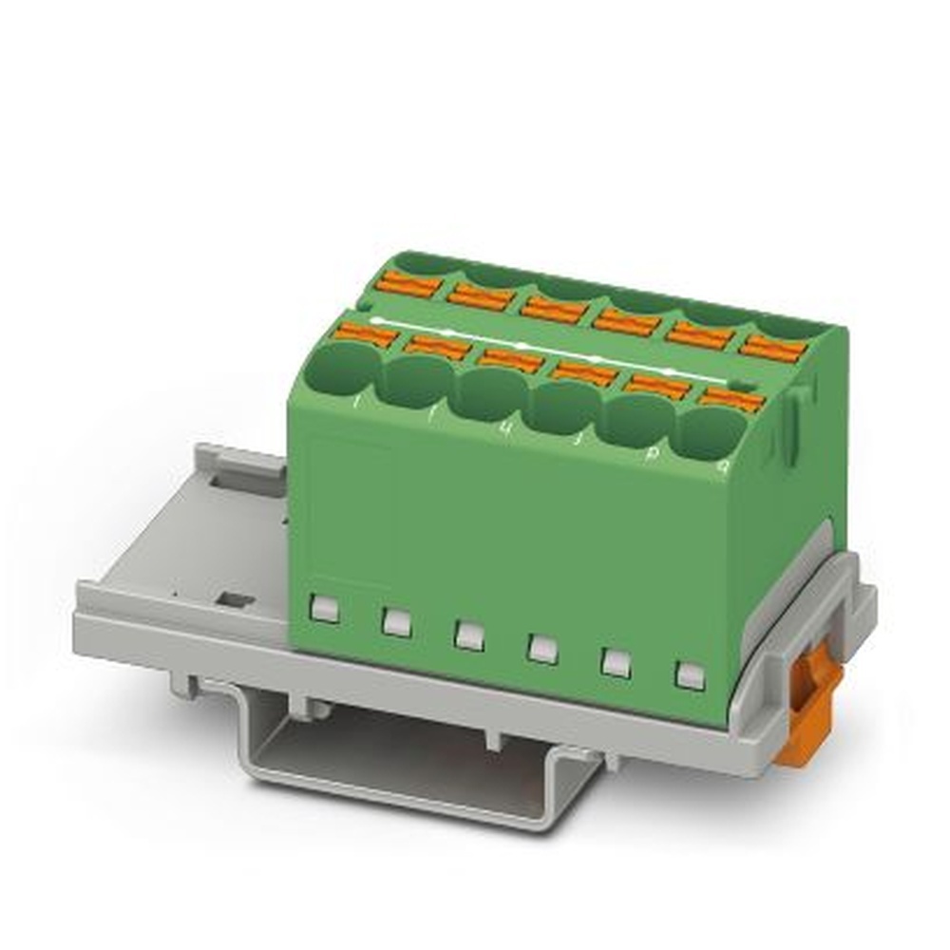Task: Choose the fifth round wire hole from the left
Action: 638,421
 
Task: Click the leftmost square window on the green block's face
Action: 325,609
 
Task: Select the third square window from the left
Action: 468,635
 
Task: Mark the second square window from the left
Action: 396,622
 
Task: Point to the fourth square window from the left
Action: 541,648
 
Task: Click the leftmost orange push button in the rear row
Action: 408,284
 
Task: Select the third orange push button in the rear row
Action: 553,310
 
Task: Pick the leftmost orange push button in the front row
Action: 367,333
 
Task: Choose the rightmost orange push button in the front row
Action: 731,398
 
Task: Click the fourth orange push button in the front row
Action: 585,372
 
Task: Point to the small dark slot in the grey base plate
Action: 234,599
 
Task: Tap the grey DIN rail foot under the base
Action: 418,760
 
